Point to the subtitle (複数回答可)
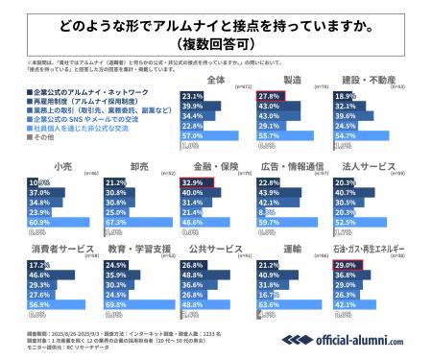coord(216,43)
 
